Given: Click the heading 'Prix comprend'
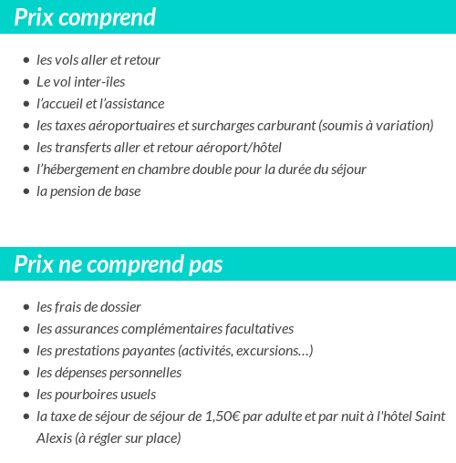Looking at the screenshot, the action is point(85,17).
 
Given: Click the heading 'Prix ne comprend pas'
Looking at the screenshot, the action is point(119,264).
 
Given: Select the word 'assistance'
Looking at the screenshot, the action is point(134,104).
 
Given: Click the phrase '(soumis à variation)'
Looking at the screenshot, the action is point(375,126).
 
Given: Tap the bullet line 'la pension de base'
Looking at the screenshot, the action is point(88,191).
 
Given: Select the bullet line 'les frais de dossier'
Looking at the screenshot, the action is point(88,307).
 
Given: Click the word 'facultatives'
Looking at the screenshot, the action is point(254,329).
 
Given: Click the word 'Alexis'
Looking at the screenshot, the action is point(54,438).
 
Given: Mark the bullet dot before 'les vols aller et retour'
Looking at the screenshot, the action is point(26,60).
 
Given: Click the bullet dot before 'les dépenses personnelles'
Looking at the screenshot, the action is point(26,373).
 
